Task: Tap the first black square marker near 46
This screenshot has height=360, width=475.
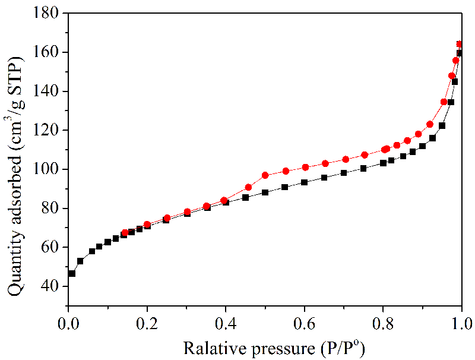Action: (x=72, y=273)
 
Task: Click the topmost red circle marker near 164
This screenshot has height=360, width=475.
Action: (x=460, y=44)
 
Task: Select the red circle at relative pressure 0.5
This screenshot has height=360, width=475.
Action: (x=265, y=175)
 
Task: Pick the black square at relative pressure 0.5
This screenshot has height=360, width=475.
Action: (x=265, y=192)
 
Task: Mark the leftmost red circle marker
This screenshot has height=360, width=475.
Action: (x=125, y=233)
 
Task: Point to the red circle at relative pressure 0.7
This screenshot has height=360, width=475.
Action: (x=346, y=159)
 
